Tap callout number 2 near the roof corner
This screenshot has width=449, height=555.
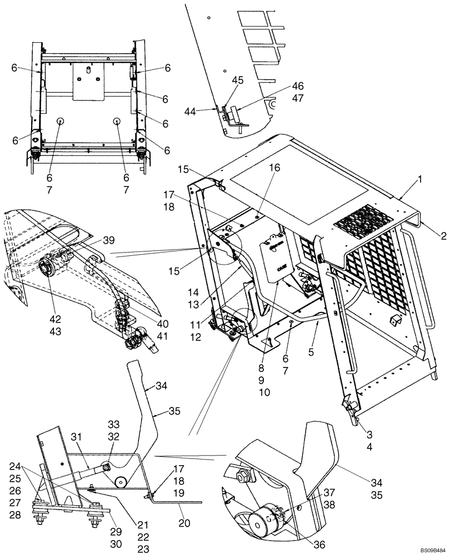(442, 236)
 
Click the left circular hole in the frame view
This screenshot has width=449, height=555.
(59, 121)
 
